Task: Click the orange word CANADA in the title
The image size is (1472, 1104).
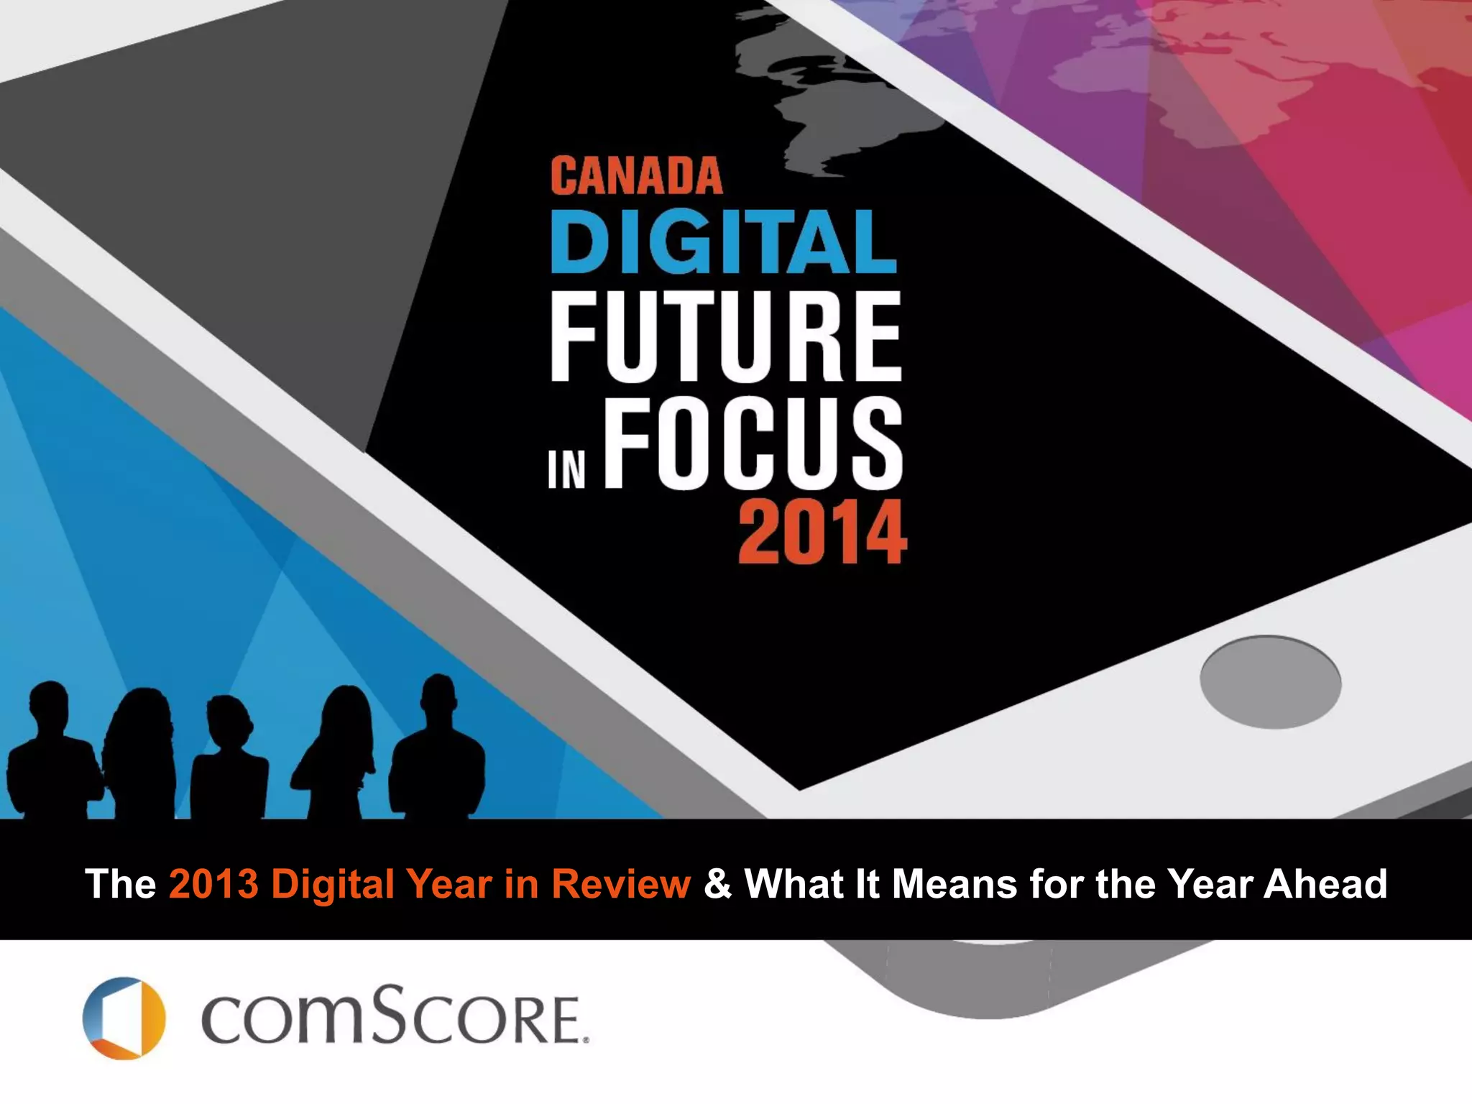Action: point(636,176)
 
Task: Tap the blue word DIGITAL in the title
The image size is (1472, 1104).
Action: point(723,241)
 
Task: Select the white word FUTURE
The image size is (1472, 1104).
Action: point(725,336)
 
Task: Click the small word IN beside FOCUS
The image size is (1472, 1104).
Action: point(566,470)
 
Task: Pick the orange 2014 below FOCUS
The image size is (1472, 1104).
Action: point(822,533)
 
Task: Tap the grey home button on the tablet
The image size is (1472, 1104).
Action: point(1270,681)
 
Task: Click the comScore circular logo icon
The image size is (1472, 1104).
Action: point(124,1018)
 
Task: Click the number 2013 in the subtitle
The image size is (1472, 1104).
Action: point(213,883)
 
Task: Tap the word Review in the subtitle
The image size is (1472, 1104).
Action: point(620,883)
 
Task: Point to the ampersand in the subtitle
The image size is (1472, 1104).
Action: point(717,883)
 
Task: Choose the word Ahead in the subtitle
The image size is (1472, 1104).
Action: point(1325,883)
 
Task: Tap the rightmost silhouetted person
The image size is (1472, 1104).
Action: point(437,751)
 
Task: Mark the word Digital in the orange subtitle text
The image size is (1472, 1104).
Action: point(332,883)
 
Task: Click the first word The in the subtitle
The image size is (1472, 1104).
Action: point(120,883)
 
